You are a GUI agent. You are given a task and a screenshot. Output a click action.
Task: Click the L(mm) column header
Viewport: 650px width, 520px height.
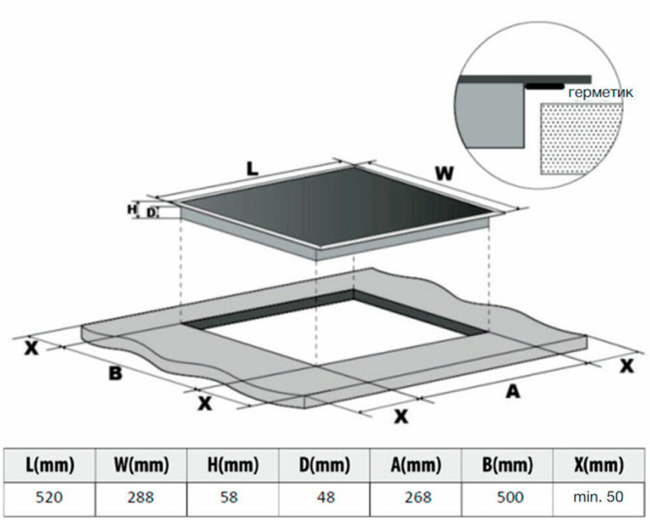click(x=50, y=465)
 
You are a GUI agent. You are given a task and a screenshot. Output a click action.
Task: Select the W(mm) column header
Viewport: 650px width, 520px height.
click(x=142, y=465)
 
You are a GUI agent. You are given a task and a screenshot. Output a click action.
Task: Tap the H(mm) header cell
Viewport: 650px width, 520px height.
click(x=233, y=465)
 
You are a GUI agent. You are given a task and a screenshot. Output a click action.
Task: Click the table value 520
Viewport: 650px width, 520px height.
click(x=50, y=497)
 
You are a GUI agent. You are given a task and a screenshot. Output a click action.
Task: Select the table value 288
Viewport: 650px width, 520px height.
click(x=142, y=497)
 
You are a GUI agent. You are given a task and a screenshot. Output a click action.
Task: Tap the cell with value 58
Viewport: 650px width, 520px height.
click(x=233, y=497)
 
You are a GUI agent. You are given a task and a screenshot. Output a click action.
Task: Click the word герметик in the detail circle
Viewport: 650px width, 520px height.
click(x=600, y=93)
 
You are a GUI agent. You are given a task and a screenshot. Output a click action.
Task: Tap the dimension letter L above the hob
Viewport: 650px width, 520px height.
click(x=252, y=168)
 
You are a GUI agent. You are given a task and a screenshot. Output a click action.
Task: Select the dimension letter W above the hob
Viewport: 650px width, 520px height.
click(x=444, y=174)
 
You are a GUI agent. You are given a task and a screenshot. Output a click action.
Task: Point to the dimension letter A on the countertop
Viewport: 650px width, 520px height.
click(x=513, y=391)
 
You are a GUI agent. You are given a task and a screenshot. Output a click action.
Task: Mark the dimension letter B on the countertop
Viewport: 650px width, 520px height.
click(x=115, y=374)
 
